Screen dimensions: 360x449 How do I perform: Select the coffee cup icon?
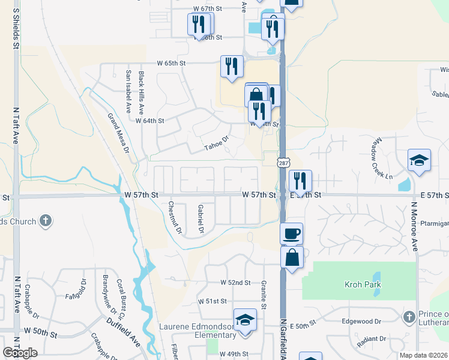coord(292,233)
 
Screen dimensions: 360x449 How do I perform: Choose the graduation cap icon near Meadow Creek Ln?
coord(419,160)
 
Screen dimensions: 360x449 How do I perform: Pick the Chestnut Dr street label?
coord(174,217)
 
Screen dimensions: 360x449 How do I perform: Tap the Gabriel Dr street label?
coord(201,218)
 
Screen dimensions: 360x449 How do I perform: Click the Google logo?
coord(20,353)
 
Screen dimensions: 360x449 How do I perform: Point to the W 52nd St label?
coord(235,283)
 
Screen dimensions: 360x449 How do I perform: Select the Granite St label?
coord(264,291)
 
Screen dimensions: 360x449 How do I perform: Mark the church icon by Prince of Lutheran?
coord(409,316)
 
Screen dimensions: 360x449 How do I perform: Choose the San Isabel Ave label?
coord(128,92)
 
